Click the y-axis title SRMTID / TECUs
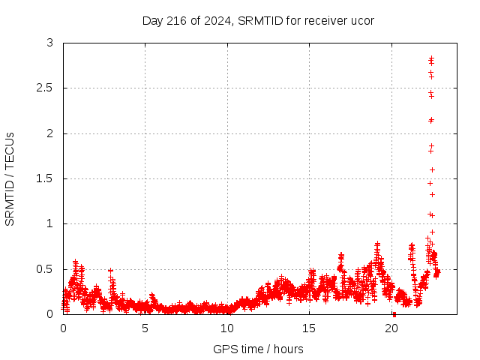10,178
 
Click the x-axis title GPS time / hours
258,349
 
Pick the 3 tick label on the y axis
50,43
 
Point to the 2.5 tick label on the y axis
46,88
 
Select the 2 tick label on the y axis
50,133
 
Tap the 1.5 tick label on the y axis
46,178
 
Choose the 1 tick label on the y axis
50,223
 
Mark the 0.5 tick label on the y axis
46,268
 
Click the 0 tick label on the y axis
50,313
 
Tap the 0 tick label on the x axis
63,328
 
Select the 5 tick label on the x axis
145,328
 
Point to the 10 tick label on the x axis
227,328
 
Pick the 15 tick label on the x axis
310,328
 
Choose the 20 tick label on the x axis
391,328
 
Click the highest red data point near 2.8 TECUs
431,58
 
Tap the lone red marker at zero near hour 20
394,313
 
